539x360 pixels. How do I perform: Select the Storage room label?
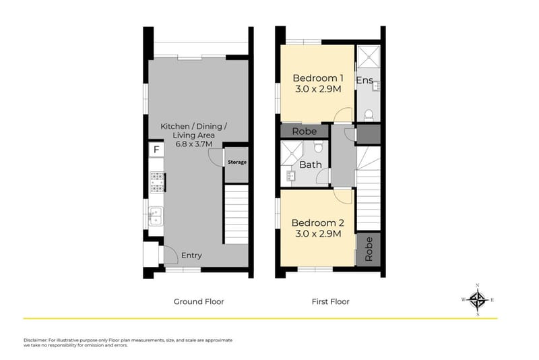[236, 162]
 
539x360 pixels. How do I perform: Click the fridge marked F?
[156, 149]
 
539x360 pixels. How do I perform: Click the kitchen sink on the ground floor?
[155, 216]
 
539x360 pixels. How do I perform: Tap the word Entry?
[191, 256]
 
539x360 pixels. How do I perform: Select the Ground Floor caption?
[199, 301]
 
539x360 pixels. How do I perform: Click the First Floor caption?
[330, 301]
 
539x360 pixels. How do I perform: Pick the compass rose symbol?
[478, 299]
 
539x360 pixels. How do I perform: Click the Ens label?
[364, 81]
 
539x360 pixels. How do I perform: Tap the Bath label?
[311, 164]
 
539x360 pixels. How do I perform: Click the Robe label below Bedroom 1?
[305, 131]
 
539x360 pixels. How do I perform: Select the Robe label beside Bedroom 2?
[369, 250]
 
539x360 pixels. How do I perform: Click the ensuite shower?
[368, 57]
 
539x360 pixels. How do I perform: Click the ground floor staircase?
[236, 214]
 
